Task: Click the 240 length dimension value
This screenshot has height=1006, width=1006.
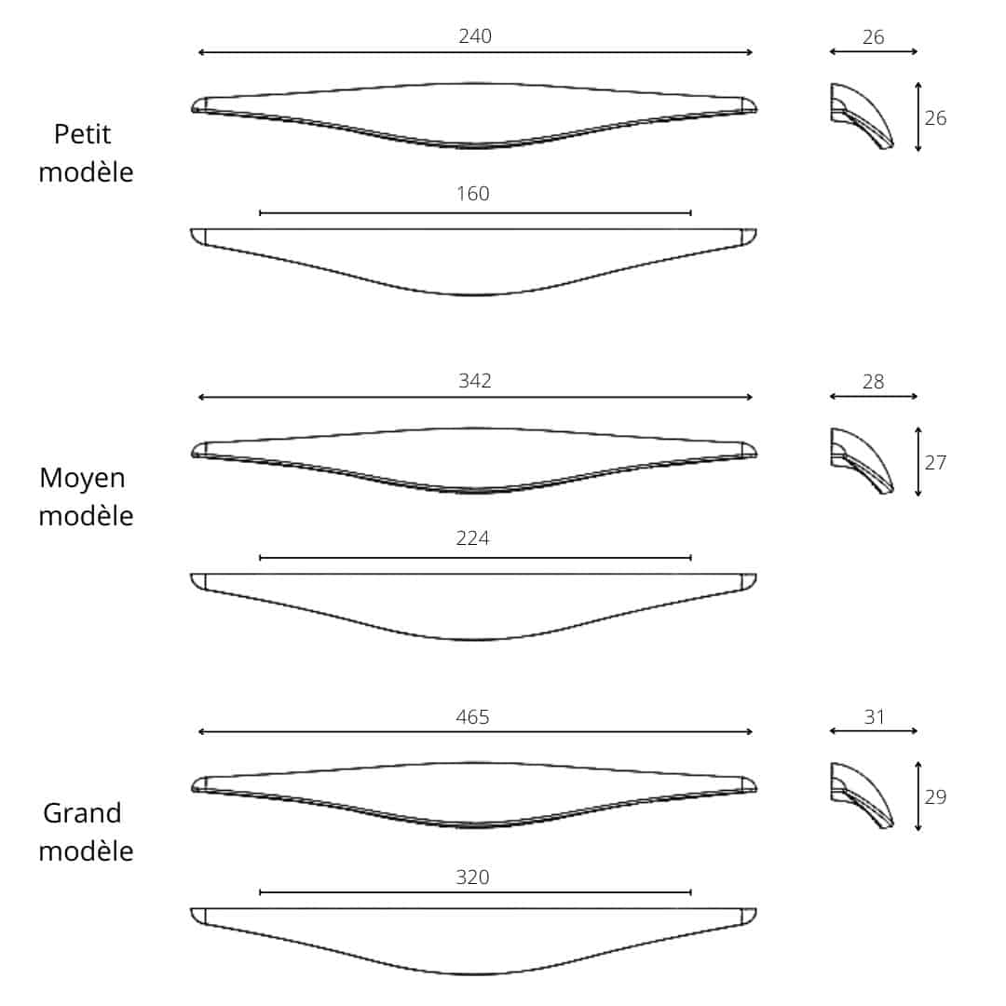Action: (475, 37)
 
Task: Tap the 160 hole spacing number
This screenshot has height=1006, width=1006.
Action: (473, 195)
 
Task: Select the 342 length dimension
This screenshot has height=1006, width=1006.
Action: (475, 381)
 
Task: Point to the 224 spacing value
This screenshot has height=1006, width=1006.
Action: (473, 538)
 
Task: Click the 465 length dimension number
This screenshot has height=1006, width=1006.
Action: (473, 717)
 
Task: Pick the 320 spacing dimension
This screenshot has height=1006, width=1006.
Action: (473, 877)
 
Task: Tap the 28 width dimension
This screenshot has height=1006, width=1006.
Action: (874, 382)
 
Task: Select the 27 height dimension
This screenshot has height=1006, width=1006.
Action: (935, 463)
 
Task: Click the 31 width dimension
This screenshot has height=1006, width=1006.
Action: (874, 717)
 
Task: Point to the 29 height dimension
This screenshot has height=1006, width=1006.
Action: (935, 797)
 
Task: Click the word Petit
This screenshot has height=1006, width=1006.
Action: (82, 135)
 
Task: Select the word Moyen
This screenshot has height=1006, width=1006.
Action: (82, 479)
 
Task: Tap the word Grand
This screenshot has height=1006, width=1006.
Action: (82, 813)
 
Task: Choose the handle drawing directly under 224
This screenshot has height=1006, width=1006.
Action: (474, 605)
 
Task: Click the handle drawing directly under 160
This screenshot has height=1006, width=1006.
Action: (474, 261)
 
